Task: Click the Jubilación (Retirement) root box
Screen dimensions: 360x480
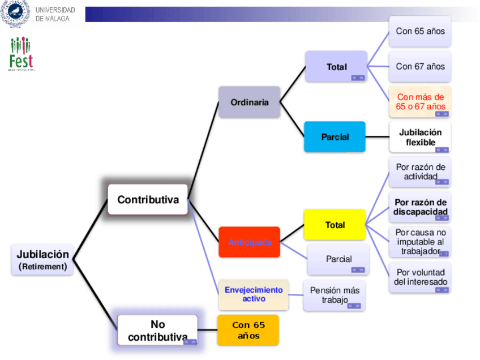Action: point(42,259)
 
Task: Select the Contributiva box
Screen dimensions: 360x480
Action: point(148,199)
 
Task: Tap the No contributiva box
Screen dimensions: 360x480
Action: point(157,331)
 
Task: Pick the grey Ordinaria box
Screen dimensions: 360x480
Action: point(250,102)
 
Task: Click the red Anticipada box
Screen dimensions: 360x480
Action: point(250,242)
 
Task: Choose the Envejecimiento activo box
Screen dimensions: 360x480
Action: point(254,294)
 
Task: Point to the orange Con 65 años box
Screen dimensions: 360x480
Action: point(248,330)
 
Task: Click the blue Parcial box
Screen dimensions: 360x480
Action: point(335,137)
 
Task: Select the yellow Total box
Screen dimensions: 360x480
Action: point(335,225)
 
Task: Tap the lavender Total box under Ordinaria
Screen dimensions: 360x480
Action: point(336,67)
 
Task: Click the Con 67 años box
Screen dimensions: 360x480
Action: point(420,66)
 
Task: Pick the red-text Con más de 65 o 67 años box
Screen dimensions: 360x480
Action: point(420,102)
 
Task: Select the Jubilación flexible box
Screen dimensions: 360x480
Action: point(420,137)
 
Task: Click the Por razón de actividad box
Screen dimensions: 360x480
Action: point(420,172)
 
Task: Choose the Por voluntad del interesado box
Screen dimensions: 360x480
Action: point(420,277)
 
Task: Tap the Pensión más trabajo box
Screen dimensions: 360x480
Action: point(335,295)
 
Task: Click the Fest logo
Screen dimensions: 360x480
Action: point(21,54)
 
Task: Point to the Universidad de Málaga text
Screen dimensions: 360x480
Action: point(55,14)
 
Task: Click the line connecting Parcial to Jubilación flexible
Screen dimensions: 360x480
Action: point(378,137)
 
